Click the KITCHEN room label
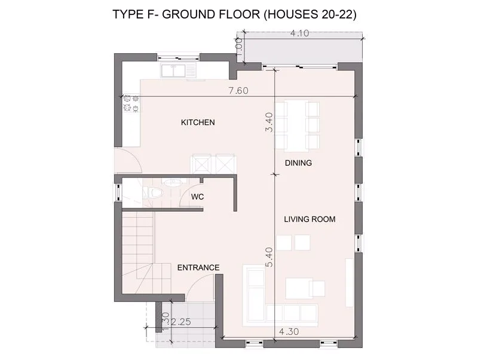click(x=198, y=123)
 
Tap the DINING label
click(x=298, y=163)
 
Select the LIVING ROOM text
click(x=310, y=219)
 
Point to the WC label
click(x=197, y=197)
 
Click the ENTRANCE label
click(x=198, y=267)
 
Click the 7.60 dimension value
click(x=238, y=91)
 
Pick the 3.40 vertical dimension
click(x=269, y=122)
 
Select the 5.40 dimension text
click(x=269, y=257)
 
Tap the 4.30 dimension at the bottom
click(x=289, y=331)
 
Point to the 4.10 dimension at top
click(x=299, y=33)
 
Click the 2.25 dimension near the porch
click(x=181, y=322)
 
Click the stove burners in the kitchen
click(x=131, y=103)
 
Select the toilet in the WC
click(x=155, y=193)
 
